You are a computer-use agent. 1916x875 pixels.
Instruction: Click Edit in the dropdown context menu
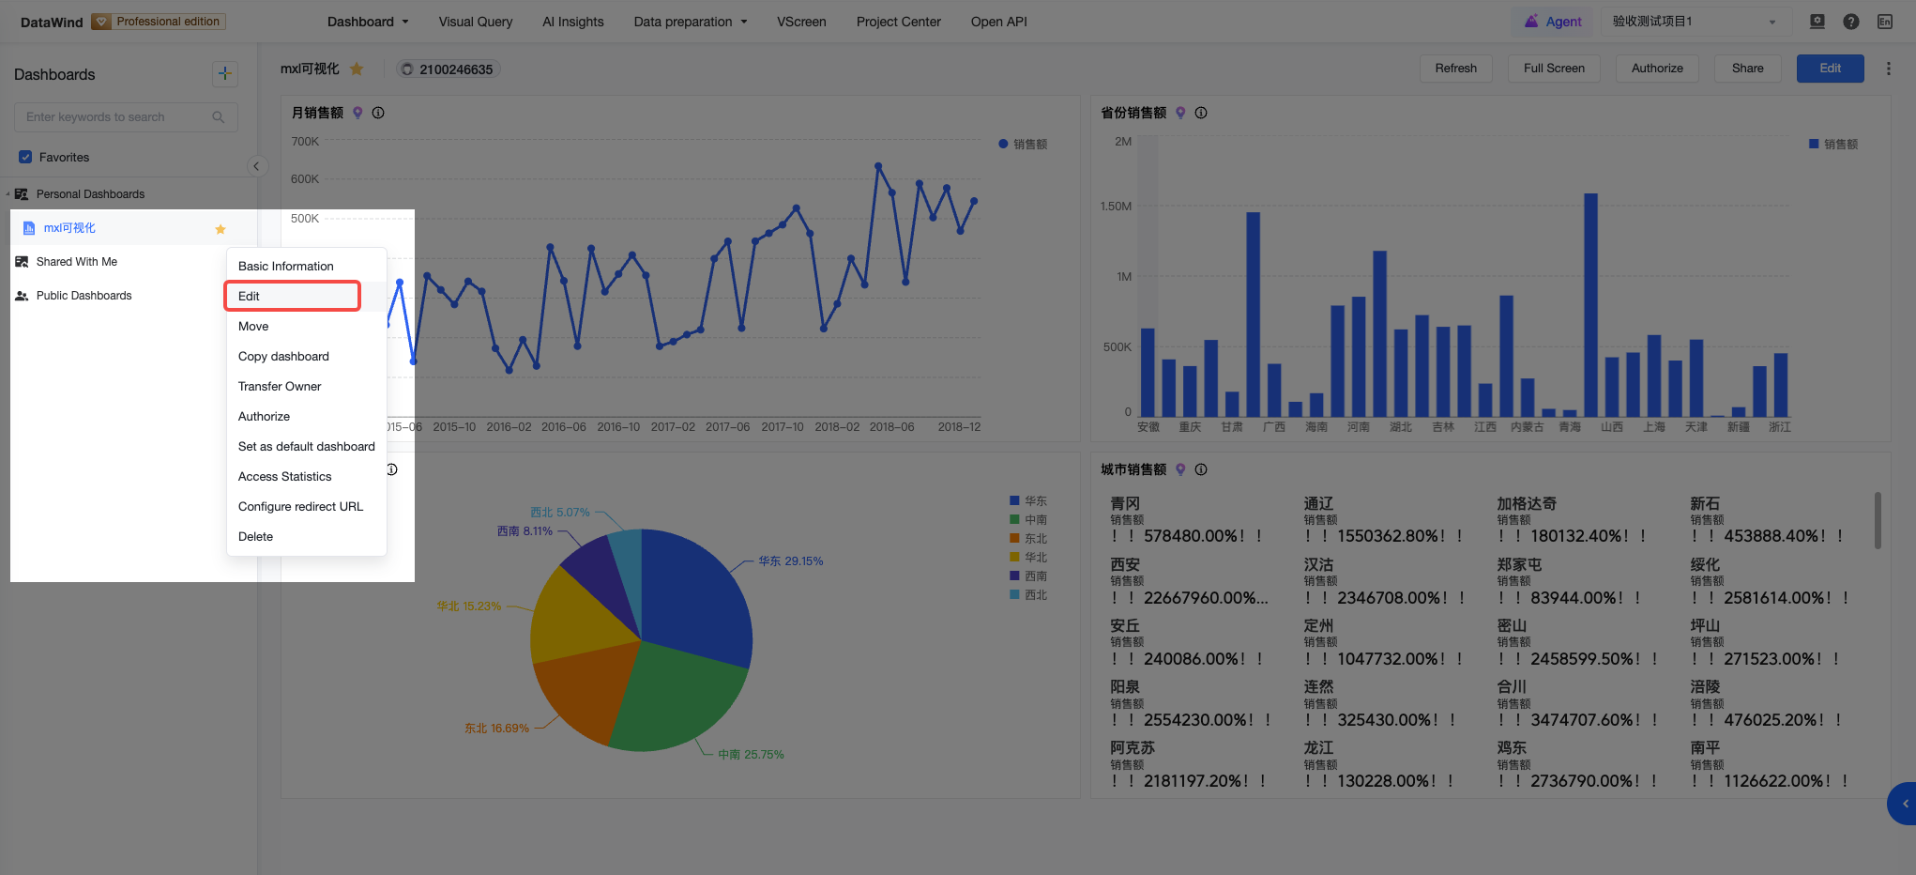(x=249, y=296)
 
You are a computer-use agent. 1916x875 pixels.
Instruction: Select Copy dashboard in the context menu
(x=283, y=356)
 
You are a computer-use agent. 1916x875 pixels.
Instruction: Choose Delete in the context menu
(x=255, y=536)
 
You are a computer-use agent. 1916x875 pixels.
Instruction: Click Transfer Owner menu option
(x=280, y=386)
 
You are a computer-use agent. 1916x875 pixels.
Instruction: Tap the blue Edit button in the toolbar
(x=1830, y=69)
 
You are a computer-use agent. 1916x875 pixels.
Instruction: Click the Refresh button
(x=1455, y=69)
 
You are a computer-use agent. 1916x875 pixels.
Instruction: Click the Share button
(x=1747, y=69)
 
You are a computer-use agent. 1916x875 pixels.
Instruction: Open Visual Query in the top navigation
(x=476, y=22)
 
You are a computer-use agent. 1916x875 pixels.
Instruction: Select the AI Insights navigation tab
(x=573, y=22)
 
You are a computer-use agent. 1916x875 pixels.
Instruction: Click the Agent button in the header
(x=1553, y=22)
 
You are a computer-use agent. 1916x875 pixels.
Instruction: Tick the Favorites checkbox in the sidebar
(x=25, y=157)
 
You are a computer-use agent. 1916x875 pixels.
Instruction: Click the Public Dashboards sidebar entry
(x=84, y=296)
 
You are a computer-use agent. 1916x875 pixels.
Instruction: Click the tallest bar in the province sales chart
(x=1590, y=305)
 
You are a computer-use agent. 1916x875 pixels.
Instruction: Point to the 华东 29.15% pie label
(x=790, y=561)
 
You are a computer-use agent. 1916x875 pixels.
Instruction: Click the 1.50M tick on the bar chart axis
(x=1116, y=207)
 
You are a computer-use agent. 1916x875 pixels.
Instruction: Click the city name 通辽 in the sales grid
(x=1318, y=504)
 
